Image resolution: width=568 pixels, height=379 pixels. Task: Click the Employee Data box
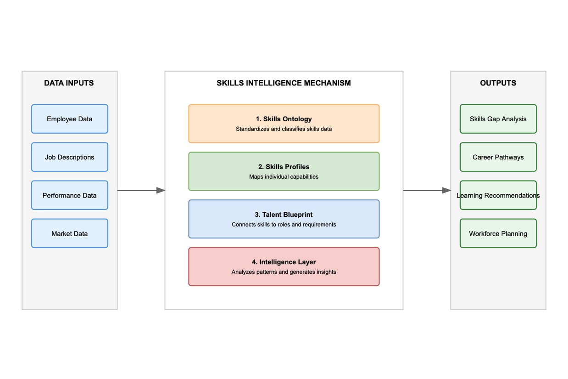pyautogui.click(x=70, y=119)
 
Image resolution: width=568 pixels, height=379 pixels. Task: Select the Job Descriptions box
pyautogui.click(x=70, y=157)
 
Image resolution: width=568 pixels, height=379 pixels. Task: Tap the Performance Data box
pyautogui.click(x=70, y=195)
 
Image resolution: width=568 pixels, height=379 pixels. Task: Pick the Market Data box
pyautogui.click(x=70, y=233)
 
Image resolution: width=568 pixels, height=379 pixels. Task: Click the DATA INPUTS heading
pyautogui.click(x=69, y=83)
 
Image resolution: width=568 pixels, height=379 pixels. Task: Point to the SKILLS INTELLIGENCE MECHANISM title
pyautogui.click(x=284, y=83)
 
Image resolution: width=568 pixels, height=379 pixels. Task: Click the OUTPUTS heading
pyautogui.click(x=498, y=83)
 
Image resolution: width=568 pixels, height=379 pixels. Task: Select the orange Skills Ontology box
pyautogui.click(x=284, y=124)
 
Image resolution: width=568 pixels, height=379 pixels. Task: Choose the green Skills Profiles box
pyautogui.click(x=284, y=171)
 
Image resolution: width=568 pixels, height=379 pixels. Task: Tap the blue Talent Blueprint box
pyautogui.click(x=284, y=219)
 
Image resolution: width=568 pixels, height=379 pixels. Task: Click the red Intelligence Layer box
pyautogui.click(x=284, y=267)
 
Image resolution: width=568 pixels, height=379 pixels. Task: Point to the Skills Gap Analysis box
pyautogui.click(x=498, y=119)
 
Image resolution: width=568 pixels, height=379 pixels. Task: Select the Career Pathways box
pyautogui.click(x=498, y=157)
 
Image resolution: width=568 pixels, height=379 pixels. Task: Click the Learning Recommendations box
pyautogui.click(x=498, y=195)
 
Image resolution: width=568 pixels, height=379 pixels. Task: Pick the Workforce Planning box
pyautogui.click(x=498, y=233)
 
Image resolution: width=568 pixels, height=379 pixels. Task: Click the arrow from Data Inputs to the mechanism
pyautogui.click(x=141, y=190)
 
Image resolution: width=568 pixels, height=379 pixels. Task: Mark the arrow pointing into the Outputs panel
pyautogui.click(x=427, y=190)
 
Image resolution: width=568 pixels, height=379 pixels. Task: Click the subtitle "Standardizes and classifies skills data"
pyautogui.click(x=284, y=129)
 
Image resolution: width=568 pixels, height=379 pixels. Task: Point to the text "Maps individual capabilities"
pyautogui.click(x=284, y=177)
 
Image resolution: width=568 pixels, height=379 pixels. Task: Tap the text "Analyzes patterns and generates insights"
pyautogui.click(x=284, y=272)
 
